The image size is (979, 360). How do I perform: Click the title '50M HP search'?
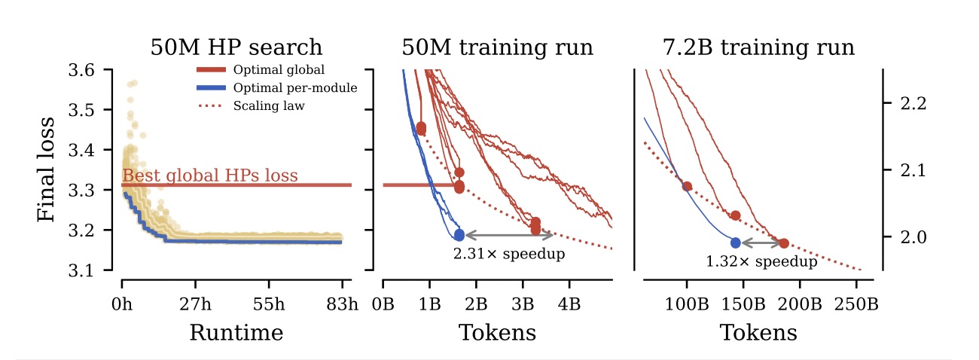[236, 48]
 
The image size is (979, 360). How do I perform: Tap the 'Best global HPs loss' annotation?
[210, 177]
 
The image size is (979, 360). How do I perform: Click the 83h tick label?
[342, 304]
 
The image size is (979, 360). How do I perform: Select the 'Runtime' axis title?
[236, 332]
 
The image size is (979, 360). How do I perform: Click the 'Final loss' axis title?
[47, 169]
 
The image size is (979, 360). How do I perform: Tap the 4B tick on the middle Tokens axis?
[569, 304]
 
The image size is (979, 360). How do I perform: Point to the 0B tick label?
[383, 304]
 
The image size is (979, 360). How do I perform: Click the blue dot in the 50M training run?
[459, 235]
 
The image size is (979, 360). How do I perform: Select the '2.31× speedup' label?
[508, 255]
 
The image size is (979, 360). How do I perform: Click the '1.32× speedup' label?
[761, 262]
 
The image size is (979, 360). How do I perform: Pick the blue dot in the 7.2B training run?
[736, 243]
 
